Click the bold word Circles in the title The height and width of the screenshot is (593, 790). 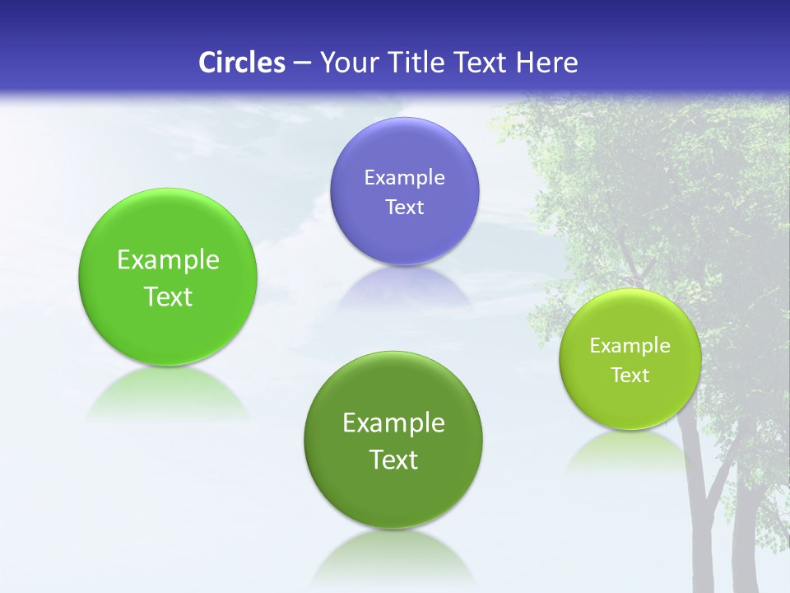click(242, 63)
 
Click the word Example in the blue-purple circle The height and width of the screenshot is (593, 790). click(404, 178)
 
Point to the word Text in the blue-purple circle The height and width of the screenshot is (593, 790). click(404, 208)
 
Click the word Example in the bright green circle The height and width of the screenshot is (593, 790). click(168, 260)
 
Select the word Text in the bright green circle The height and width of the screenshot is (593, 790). click(168, 296)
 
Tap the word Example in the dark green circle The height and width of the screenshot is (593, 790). click(393, 423)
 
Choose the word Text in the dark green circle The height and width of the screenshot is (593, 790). click(393, 460)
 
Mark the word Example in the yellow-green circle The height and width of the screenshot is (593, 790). click(630, 346)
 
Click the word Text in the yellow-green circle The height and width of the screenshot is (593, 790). click(630, 376)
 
